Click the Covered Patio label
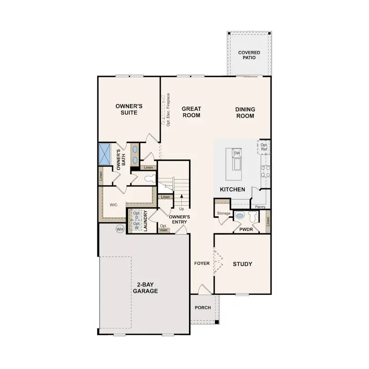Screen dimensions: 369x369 (249, 56)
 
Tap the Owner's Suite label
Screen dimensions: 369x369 (129, 109)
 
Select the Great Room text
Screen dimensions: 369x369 (191, 112)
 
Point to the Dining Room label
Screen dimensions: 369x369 (245, 113)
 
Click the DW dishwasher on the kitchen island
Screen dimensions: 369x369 (236, 154)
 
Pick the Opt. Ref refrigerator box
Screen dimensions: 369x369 (264, 147)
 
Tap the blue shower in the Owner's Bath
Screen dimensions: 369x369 (105, 154)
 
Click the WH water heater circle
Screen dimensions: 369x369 (120, 229)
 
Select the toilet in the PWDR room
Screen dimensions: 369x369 (240, 216)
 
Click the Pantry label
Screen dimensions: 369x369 (260, 207)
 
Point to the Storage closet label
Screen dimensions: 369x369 (223, 213)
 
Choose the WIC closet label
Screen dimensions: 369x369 (113, 205)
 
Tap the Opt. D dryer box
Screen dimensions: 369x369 (137, 215)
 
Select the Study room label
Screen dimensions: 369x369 (242, 264)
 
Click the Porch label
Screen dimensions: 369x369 (203, 307)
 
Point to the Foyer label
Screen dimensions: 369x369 (202, 263)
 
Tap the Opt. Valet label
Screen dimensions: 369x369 (164, 228)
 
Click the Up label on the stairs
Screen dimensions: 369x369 (181, 209)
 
